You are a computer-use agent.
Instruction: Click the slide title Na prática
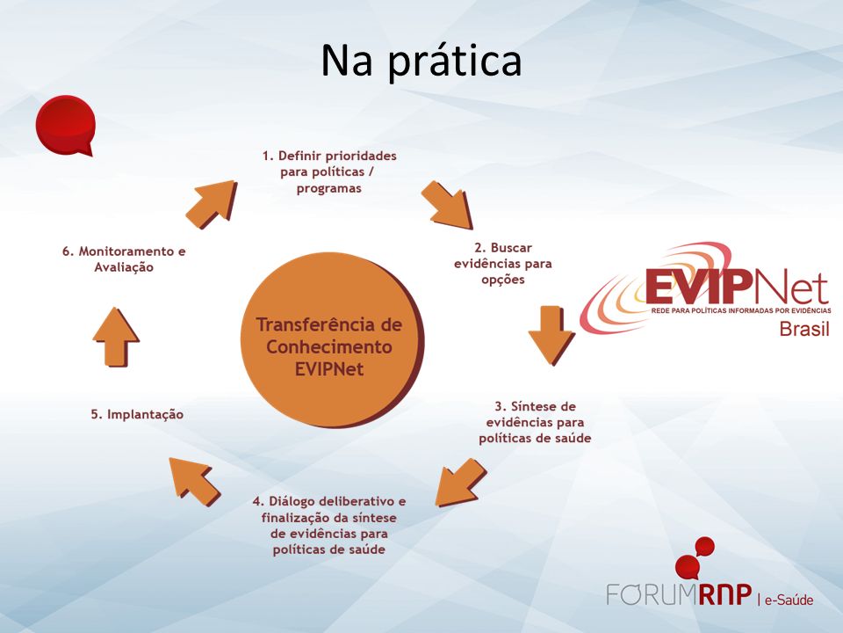(x=421, y=61)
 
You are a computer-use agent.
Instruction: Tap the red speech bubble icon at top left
(x=66, y=126)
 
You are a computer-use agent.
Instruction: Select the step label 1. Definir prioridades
(x=329, y=171)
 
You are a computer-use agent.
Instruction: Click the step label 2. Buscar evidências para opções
(x=502, y=263)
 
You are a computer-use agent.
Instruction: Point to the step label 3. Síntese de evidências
(x=535, y=422)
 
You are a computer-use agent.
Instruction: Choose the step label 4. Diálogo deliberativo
(x=329, y=526)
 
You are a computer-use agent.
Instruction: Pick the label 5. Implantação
(x=137, y=414)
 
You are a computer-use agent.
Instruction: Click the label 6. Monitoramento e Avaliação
(x=124, y=258)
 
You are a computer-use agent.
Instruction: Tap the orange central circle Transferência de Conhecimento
(x=332, y=340)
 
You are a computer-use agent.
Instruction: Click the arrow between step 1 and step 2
(x=447, y=205)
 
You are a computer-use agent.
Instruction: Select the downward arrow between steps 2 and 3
(x=551, y=335)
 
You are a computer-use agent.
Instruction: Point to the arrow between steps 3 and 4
(x=460, y=482)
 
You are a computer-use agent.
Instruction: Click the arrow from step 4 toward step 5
(x=195, y=482)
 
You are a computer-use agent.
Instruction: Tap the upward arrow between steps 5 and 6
(x=116, y=338)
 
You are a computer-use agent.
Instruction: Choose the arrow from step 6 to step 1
(x=212, y=205)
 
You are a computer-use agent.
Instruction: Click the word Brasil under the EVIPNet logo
(x=804, y=328)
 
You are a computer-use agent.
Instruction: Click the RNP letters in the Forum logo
(x=725, y=595)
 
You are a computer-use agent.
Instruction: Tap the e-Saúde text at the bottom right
(x=789, y=600)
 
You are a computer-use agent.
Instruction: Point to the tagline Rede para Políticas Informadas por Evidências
(x=741, y=310)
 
